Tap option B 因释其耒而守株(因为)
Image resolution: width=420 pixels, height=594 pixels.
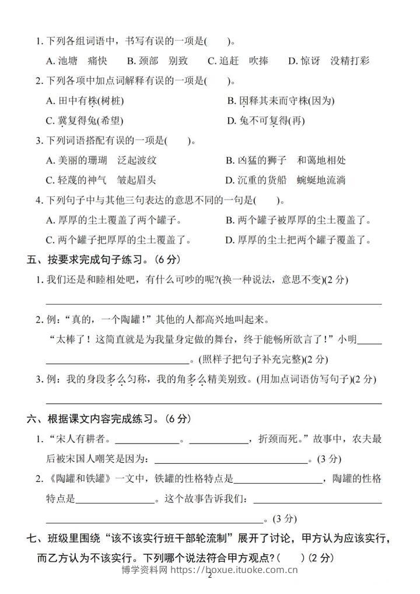pos(281,101)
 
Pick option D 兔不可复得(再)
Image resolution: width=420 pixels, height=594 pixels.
pos(265,121)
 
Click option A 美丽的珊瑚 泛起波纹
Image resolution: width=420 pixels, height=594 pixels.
pos(100,160)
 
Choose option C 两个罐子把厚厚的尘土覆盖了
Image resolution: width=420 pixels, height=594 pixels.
pos(118,240)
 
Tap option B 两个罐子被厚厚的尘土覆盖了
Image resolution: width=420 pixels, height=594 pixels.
pos(298,220)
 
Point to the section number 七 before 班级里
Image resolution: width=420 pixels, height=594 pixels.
pos(32,537)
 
